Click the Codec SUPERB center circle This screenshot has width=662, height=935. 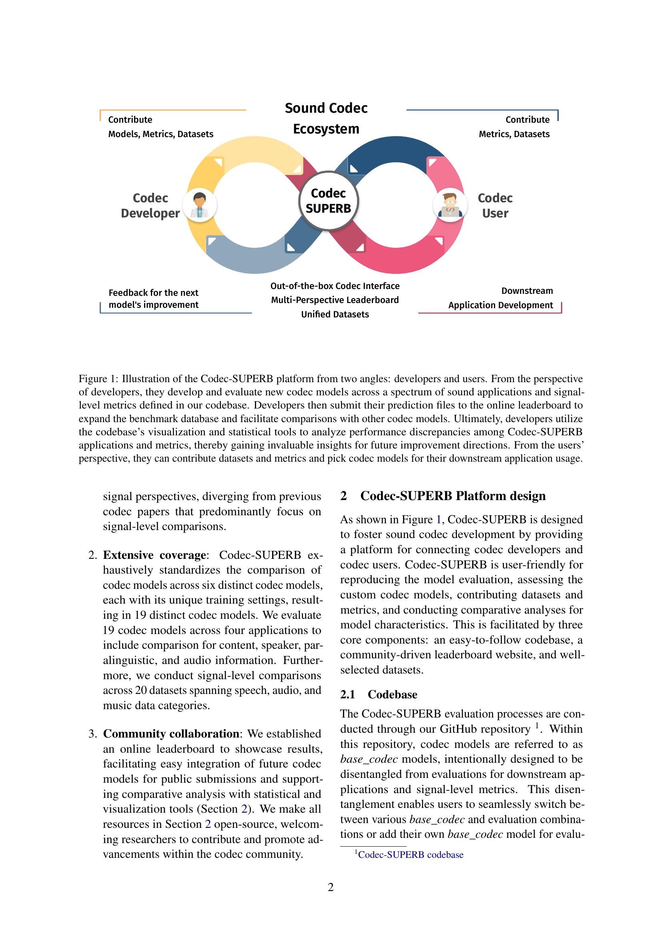pyautogui.click(x=328, y=201)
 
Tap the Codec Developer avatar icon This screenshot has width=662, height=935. pyautogui.click(x=199, y=205)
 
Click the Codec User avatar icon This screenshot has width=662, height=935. pyautogui.click(x=449, y=205)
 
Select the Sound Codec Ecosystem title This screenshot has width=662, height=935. pyautogui.click(x=326, y=118)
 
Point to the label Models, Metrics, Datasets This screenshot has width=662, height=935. pyautogui.click(x=160, y=134)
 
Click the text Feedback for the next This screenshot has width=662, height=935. pyautogui.click(x=153, y=292)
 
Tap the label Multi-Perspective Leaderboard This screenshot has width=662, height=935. pyautogui.click(x=335, y=300)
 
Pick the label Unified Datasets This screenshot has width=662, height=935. pyautogui.click(x=335, y=314)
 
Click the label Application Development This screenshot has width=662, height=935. pyautogui.click(x=501, y=305)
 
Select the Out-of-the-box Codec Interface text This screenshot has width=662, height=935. pyautogui.click(x=335, y=286)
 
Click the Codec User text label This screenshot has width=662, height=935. pyautogui.click(x=495, y=205)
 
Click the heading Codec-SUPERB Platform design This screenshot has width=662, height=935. pyautogui.click(x=453, y=496)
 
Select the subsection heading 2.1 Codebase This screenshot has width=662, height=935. pyautogui.click(x=379, y=694)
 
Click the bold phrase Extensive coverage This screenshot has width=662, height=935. pyautogui.click(x=154, y=555)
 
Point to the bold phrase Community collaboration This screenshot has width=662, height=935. pyautogui.click(x=171, y=734)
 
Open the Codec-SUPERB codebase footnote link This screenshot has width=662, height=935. pyautogui.click(x=410, y=854)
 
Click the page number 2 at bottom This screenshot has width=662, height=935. pyautogui.click(x=331, y=887)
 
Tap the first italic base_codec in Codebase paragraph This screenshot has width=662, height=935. pyautogui.click(x=369, y=759)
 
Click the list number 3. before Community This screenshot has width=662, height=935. pyautogui.click(x=92, y=734)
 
